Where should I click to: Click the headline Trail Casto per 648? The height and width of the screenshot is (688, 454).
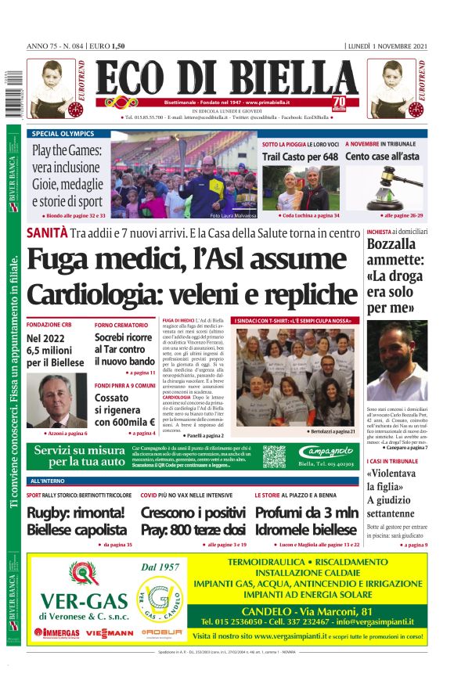300,157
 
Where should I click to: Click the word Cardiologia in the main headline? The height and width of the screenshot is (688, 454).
92,294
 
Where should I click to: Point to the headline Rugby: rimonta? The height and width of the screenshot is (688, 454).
75,513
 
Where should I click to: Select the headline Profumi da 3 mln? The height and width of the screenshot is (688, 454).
306,513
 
